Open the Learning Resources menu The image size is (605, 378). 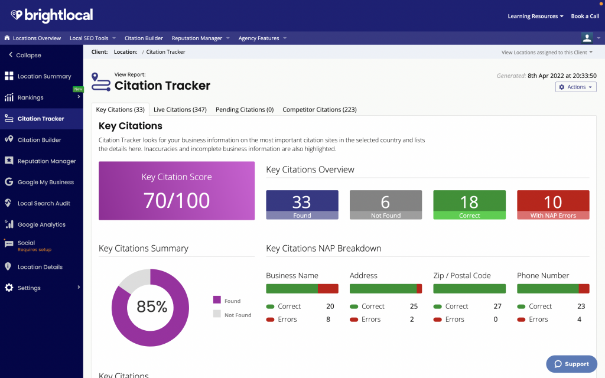tap(535, 16)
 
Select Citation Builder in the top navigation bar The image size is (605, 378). tap(144, 38)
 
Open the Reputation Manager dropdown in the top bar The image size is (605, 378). tap(200, 38)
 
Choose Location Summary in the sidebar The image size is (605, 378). tap(44, 76)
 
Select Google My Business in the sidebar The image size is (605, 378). tap(45, 182)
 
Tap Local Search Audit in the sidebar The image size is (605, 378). tap(44, 203)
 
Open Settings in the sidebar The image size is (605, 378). tap(29, 288)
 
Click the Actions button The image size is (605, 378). tap(575, 87)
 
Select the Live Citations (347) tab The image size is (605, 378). tap(180, 109)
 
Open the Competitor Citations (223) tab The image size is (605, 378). tap(319, 109)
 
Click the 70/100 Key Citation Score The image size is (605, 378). tap(176, 200)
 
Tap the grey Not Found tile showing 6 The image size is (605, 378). tap(385, 204)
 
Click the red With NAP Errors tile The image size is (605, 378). tap(552, 204)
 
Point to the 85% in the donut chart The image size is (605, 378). tap(151, 307)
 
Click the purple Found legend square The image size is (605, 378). tap(216, 301)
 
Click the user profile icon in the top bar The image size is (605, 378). tap(587, 38)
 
